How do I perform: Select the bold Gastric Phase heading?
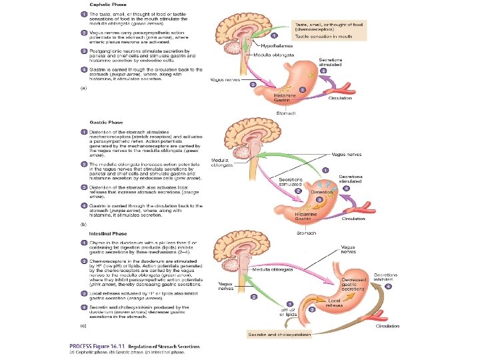pyautogui.click(x=107, y=122)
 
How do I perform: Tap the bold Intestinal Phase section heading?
pyautogui.click(x=109, y=233)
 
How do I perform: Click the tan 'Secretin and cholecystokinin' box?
pyautogui.click(x=279, y=333)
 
